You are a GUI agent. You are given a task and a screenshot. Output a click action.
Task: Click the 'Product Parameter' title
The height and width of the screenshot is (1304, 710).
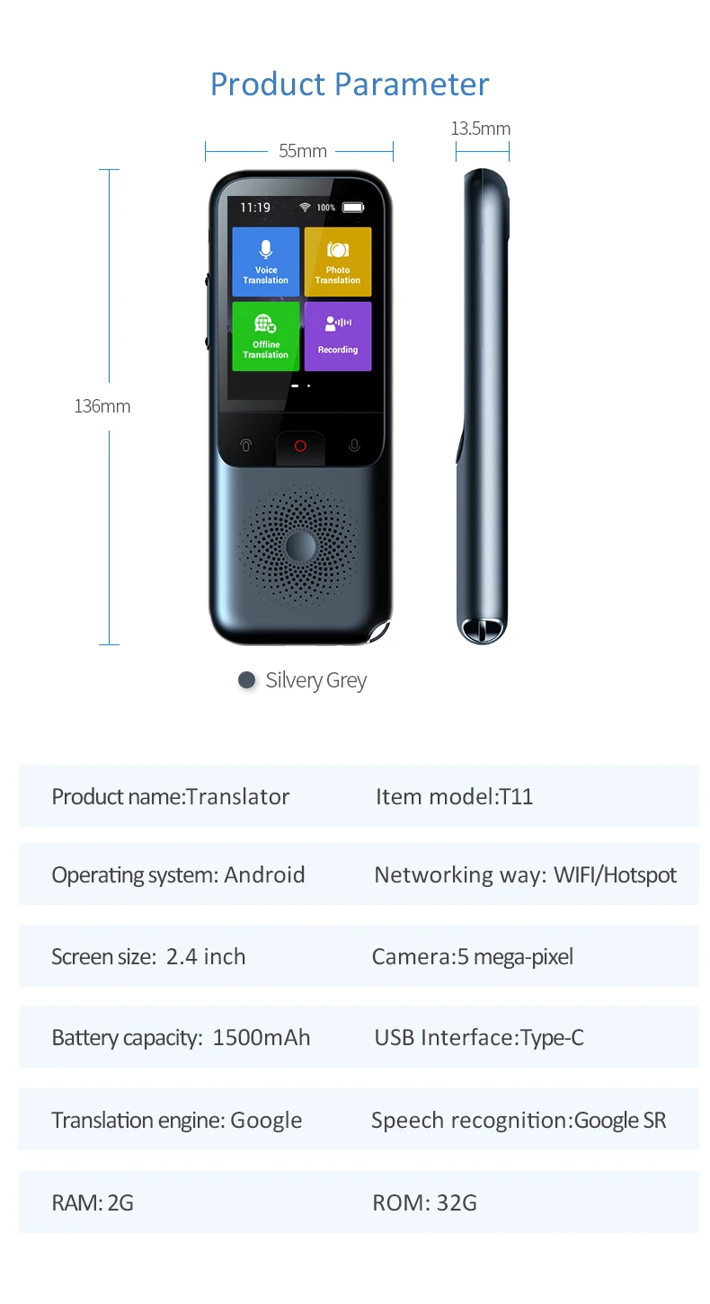coord(350,84)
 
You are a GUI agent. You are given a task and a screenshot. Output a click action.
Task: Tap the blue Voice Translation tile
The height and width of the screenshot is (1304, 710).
coord(265,262)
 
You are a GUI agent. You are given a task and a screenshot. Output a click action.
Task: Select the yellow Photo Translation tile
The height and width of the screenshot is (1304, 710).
coord(338,262)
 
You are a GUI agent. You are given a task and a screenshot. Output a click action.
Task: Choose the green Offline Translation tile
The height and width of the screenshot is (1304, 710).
coord(265,336)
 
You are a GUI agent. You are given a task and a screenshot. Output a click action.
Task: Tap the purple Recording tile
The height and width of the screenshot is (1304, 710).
coord(338,336)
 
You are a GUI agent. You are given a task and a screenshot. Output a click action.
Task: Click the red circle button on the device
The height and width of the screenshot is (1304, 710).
coord(300,446)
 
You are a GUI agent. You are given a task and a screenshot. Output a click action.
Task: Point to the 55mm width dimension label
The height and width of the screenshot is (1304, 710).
coord(303,151)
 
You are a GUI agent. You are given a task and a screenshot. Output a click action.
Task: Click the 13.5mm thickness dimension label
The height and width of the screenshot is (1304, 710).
coord(481,129)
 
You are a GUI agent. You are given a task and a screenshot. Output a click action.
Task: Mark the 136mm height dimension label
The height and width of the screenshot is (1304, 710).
coord(102,405)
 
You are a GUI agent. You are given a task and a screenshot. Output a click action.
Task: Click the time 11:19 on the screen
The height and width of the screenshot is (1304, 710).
coord(255,208)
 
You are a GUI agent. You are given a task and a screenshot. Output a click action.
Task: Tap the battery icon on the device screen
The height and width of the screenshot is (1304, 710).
coord(353,208)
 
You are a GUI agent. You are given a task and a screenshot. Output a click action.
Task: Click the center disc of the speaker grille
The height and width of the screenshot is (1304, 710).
coord(300,546)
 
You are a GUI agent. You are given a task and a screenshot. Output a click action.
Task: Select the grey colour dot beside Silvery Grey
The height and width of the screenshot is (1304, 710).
coord(247,679)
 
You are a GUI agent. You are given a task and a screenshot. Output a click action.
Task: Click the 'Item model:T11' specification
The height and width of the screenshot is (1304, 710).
coord(454,796)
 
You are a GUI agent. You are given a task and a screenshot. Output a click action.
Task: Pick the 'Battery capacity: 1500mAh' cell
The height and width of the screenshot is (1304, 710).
coord(181,1037)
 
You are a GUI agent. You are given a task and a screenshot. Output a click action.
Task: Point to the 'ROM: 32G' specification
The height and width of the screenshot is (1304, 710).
coord(425,1202)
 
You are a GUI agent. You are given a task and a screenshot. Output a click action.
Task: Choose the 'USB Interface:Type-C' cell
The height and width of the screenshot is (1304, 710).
coord(479,1037)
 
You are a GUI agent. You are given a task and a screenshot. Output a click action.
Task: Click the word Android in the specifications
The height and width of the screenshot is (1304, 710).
coord(265,875)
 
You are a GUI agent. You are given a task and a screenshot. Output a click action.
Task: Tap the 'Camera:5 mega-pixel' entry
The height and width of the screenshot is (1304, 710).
coord(473,957)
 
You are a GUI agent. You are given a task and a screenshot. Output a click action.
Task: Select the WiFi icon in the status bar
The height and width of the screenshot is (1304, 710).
coord(305,208)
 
